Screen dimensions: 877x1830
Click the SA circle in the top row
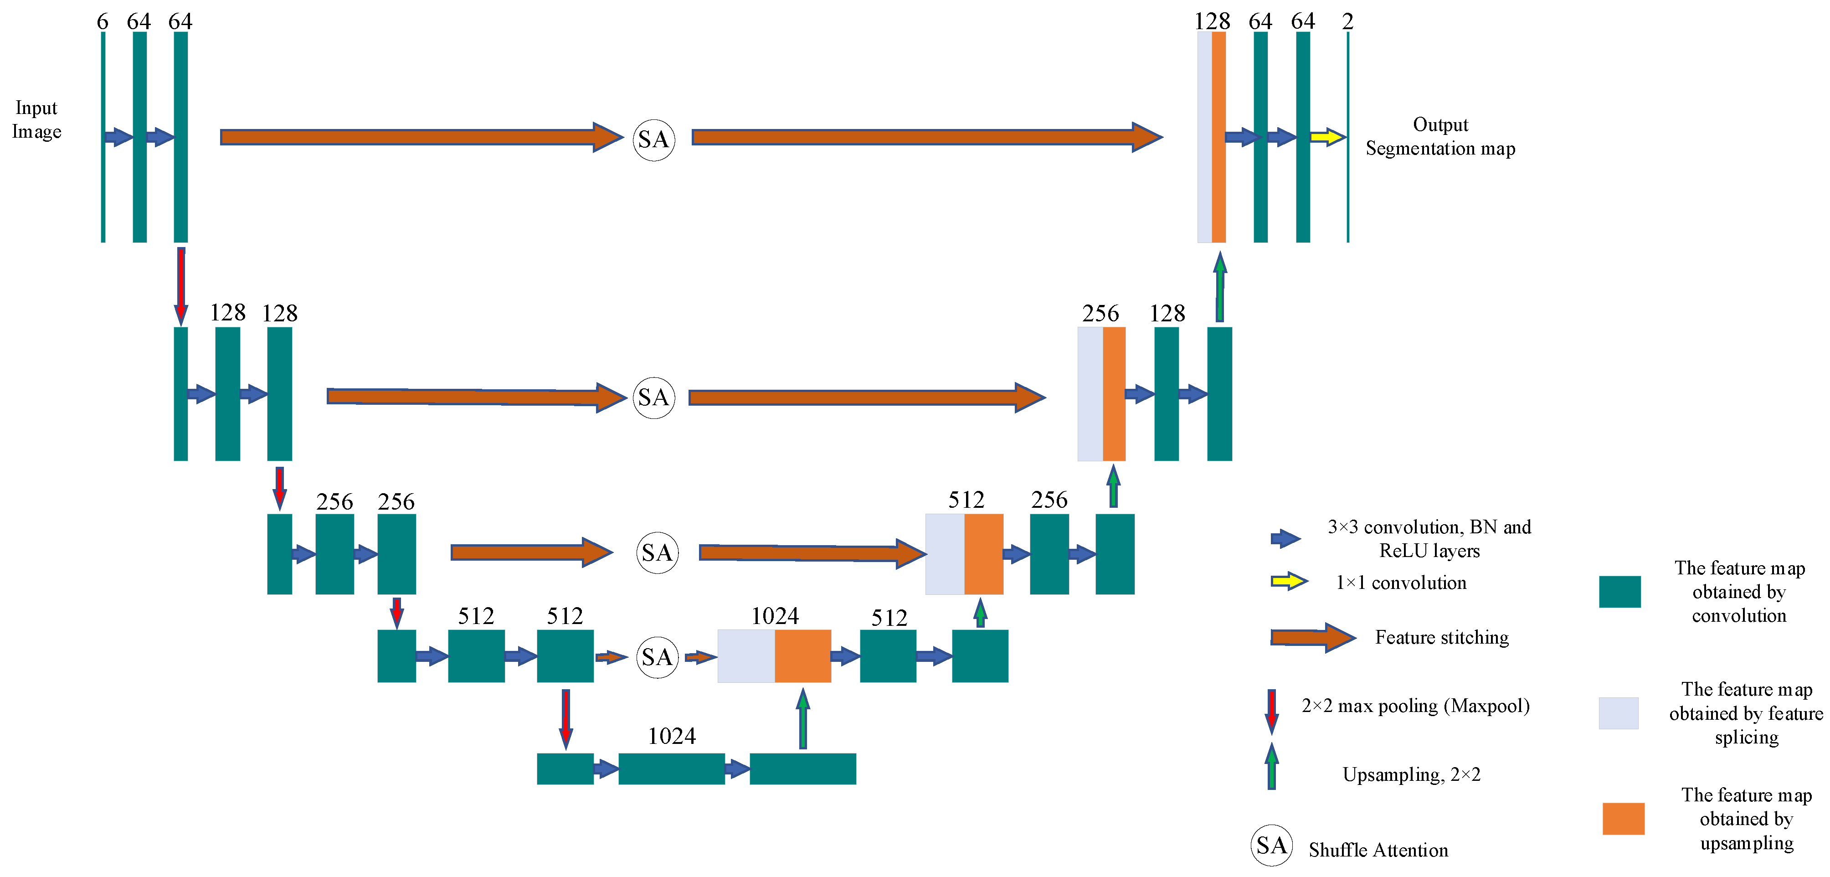[653, 139]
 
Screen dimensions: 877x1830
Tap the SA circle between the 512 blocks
[657, 657]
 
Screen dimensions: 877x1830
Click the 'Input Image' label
[36, 119]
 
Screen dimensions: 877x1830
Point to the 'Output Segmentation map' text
[1440, 136]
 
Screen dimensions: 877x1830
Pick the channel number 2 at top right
[1347, 21]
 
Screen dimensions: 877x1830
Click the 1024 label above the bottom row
[671, 736]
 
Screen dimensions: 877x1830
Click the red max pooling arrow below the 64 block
[181, 284]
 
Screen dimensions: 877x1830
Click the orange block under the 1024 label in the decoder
[803, 655]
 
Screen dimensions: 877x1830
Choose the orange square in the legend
[1623, 818]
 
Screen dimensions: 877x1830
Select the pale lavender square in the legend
[1618, 713]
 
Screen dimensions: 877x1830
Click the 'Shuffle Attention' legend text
[1378, 850]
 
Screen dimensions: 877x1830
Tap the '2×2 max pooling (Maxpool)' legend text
[1415, 706]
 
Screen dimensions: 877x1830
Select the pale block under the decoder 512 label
[945, 554]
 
